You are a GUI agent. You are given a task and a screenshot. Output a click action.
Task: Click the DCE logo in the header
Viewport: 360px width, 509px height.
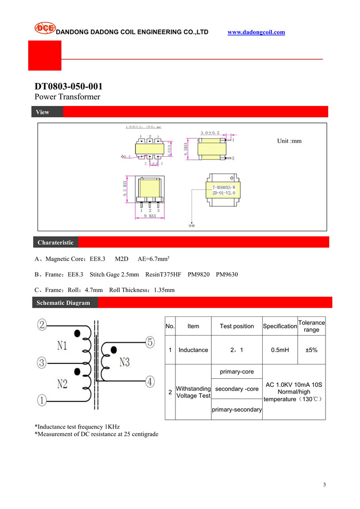click(45, 28)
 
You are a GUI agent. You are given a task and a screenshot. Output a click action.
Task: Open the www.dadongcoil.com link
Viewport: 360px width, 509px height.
click(256, 32)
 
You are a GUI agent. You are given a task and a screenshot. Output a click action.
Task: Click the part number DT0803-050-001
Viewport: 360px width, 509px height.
click(64, 86)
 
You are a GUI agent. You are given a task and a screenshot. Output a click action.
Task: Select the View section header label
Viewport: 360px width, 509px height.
click(43, 112)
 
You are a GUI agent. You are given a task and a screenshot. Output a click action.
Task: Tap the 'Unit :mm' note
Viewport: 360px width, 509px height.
click(289, 141)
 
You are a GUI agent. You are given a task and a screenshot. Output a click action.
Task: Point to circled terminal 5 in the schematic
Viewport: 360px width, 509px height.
click(150, 342)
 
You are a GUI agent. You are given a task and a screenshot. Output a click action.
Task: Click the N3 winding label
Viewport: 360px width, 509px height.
click(125, 361)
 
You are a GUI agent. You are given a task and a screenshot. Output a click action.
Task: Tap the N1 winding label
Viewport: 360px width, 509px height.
click(62, 346)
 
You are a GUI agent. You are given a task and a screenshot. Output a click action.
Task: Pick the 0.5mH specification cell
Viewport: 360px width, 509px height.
click(279, 350)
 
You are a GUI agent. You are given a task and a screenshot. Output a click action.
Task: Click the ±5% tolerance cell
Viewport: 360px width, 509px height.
click(311, 350)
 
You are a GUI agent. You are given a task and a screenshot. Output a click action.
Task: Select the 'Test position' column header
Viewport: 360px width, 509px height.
click(237, 326)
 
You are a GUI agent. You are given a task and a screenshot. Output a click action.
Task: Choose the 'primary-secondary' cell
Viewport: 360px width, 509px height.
click(237, 410)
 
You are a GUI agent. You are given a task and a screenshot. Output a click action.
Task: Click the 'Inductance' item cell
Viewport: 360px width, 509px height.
click(193, 350)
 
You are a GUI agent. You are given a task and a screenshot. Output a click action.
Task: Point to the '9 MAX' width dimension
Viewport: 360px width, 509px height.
click(149, 216)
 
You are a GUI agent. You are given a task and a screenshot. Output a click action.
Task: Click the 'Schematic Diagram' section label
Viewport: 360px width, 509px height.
click(63, 303)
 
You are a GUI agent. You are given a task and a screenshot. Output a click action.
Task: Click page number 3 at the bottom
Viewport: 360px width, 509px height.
click(324, 485)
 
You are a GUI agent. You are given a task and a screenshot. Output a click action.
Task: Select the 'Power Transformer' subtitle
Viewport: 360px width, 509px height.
click(67, 97)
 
